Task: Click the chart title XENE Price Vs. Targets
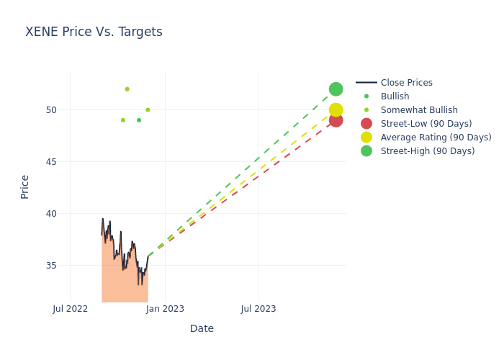point(94,32)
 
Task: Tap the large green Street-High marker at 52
point(336,89)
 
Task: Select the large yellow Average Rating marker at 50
point(336,109)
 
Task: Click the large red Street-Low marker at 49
point(336,120)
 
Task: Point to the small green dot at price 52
point(127,89)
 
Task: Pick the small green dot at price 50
point(148,110)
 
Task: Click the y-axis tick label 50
point(52,110)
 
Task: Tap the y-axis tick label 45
point(52,162)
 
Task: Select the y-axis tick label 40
point(52,214)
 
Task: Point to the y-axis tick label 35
point(52,266)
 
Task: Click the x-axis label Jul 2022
point(71,309)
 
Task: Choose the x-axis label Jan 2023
point(165,309)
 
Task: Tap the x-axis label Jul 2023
point(258,309)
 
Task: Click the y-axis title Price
point(25,186)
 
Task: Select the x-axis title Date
point(202,329)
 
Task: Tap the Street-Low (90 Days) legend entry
point(426,124)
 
